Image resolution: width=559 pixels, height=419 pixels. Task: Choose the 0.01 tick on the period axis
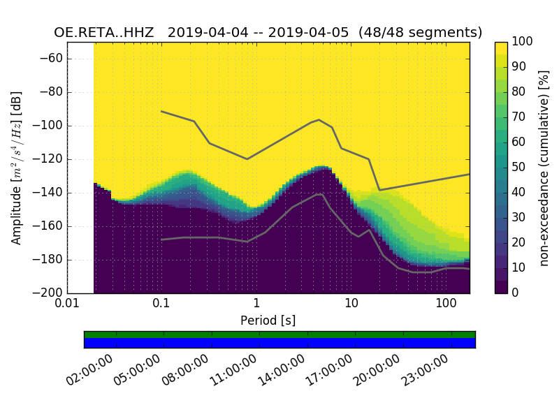pyautogui.click(x=67, y=304)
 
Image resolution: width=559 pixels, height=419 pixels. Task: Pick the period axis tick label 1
pyautogui.click(x=256, y=304)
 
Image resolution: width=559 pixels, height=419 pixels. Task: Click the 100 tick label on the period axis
pyautogui.click(x=446, y=304)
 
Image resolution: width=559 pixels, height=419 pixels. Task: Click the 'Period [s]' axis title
pyautogui.click(x=268, y=321)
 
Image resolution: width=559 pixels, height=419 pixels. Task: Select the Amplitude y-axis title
pyautogui.click(x=17, y=168)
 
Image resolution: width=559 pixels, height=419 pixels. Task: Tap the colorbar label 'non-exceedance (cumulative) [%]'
pyautogui.click(x=544, y=168)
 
